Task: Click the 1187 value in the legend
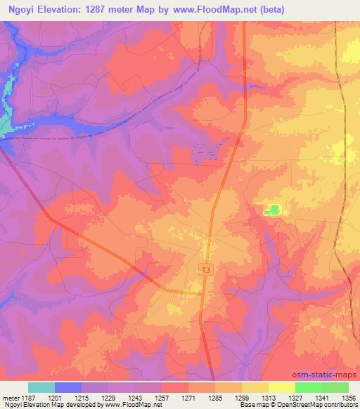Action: [x=27, y=397]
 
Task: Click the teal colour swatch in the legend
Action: [x=41, y=387]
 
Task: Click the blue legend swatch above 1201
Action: [x=67, y=387]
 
